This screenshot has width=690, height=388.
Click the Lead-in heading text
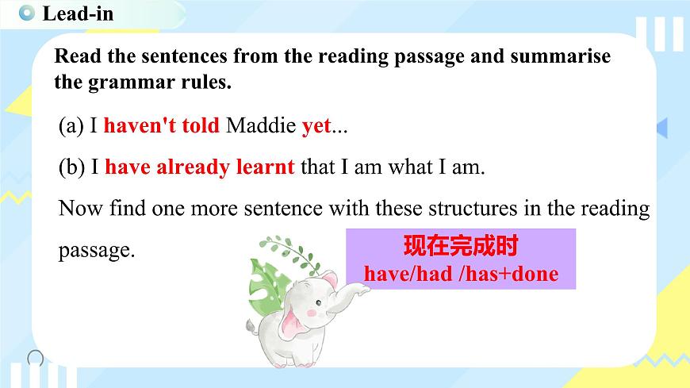coord(78,13)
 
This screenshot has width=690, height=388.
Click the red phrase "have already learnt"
coord(199,167)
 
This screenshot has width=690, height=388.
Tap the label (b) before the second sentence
coord(73,167)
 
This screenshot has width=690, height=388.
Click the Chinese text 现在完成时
coord(460,246)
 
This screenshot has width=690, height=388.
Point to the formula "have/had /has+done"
coord(461,274)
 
